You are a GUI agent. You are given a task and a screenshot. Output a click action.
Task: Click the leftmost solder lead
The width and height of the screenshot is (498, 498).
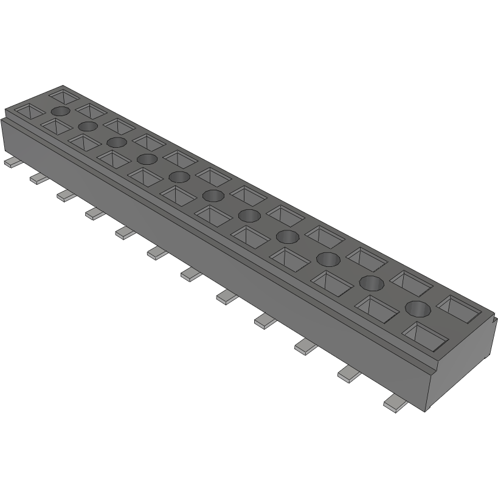coord(10,162)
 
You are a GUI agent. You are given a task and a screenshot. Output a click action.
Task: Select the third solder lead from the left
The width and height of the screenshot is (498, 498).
coord(65,195)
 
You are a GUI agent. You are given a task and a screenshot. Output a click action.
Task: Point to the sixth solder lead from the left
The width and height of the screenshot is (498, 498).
coord(156,252)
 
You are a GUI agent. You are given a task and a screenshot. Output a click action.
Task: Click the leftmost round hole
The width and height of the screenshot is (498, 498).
coord(61,111)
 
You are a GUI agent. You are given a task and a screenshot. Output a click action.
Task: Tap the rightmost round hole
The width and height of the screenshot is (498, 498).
coord(418,308)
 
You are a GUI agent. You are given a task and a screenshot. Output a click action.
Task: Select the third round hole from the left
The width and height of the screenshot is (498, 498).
coord(116,142)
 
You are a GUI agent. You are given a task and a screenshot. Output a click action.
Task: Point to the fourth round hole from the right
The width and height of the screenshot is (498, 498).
coord(287,236)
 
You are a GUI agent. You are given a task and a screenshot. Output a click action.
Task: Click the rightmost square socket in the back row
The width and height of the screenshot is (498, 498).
coord(466,308)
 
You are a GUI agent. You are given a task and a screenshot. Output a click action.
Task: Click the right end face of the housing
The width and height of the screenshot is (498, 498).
coord(463,359)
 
